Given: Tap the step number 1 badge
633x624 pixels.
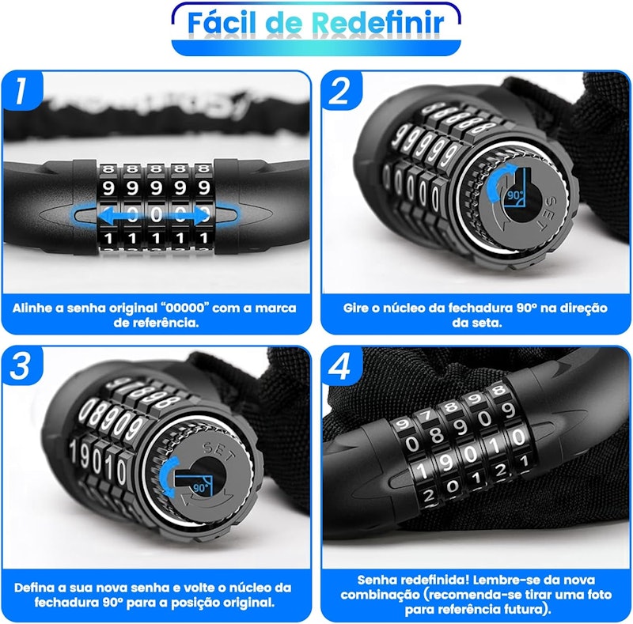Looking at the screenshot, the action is point(22,90).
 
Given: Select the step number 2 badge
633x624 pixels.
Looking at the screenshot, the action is point(342,90).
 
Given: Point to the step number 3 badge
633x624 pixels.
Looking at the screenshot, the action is point(22,365).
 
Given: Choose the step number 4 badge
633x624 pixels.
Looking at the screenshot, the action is point(342,365).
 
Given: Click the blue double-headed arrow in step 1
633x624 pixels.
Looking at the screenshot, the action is point(154,215).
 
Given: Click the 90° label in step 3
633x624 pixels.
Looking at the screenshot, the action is point(201,489).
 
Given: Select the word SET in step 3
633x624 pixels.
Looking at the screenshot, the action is point(218,452).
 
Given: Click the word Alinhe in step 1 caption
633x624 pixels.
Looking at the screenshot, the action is point(32,308).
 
